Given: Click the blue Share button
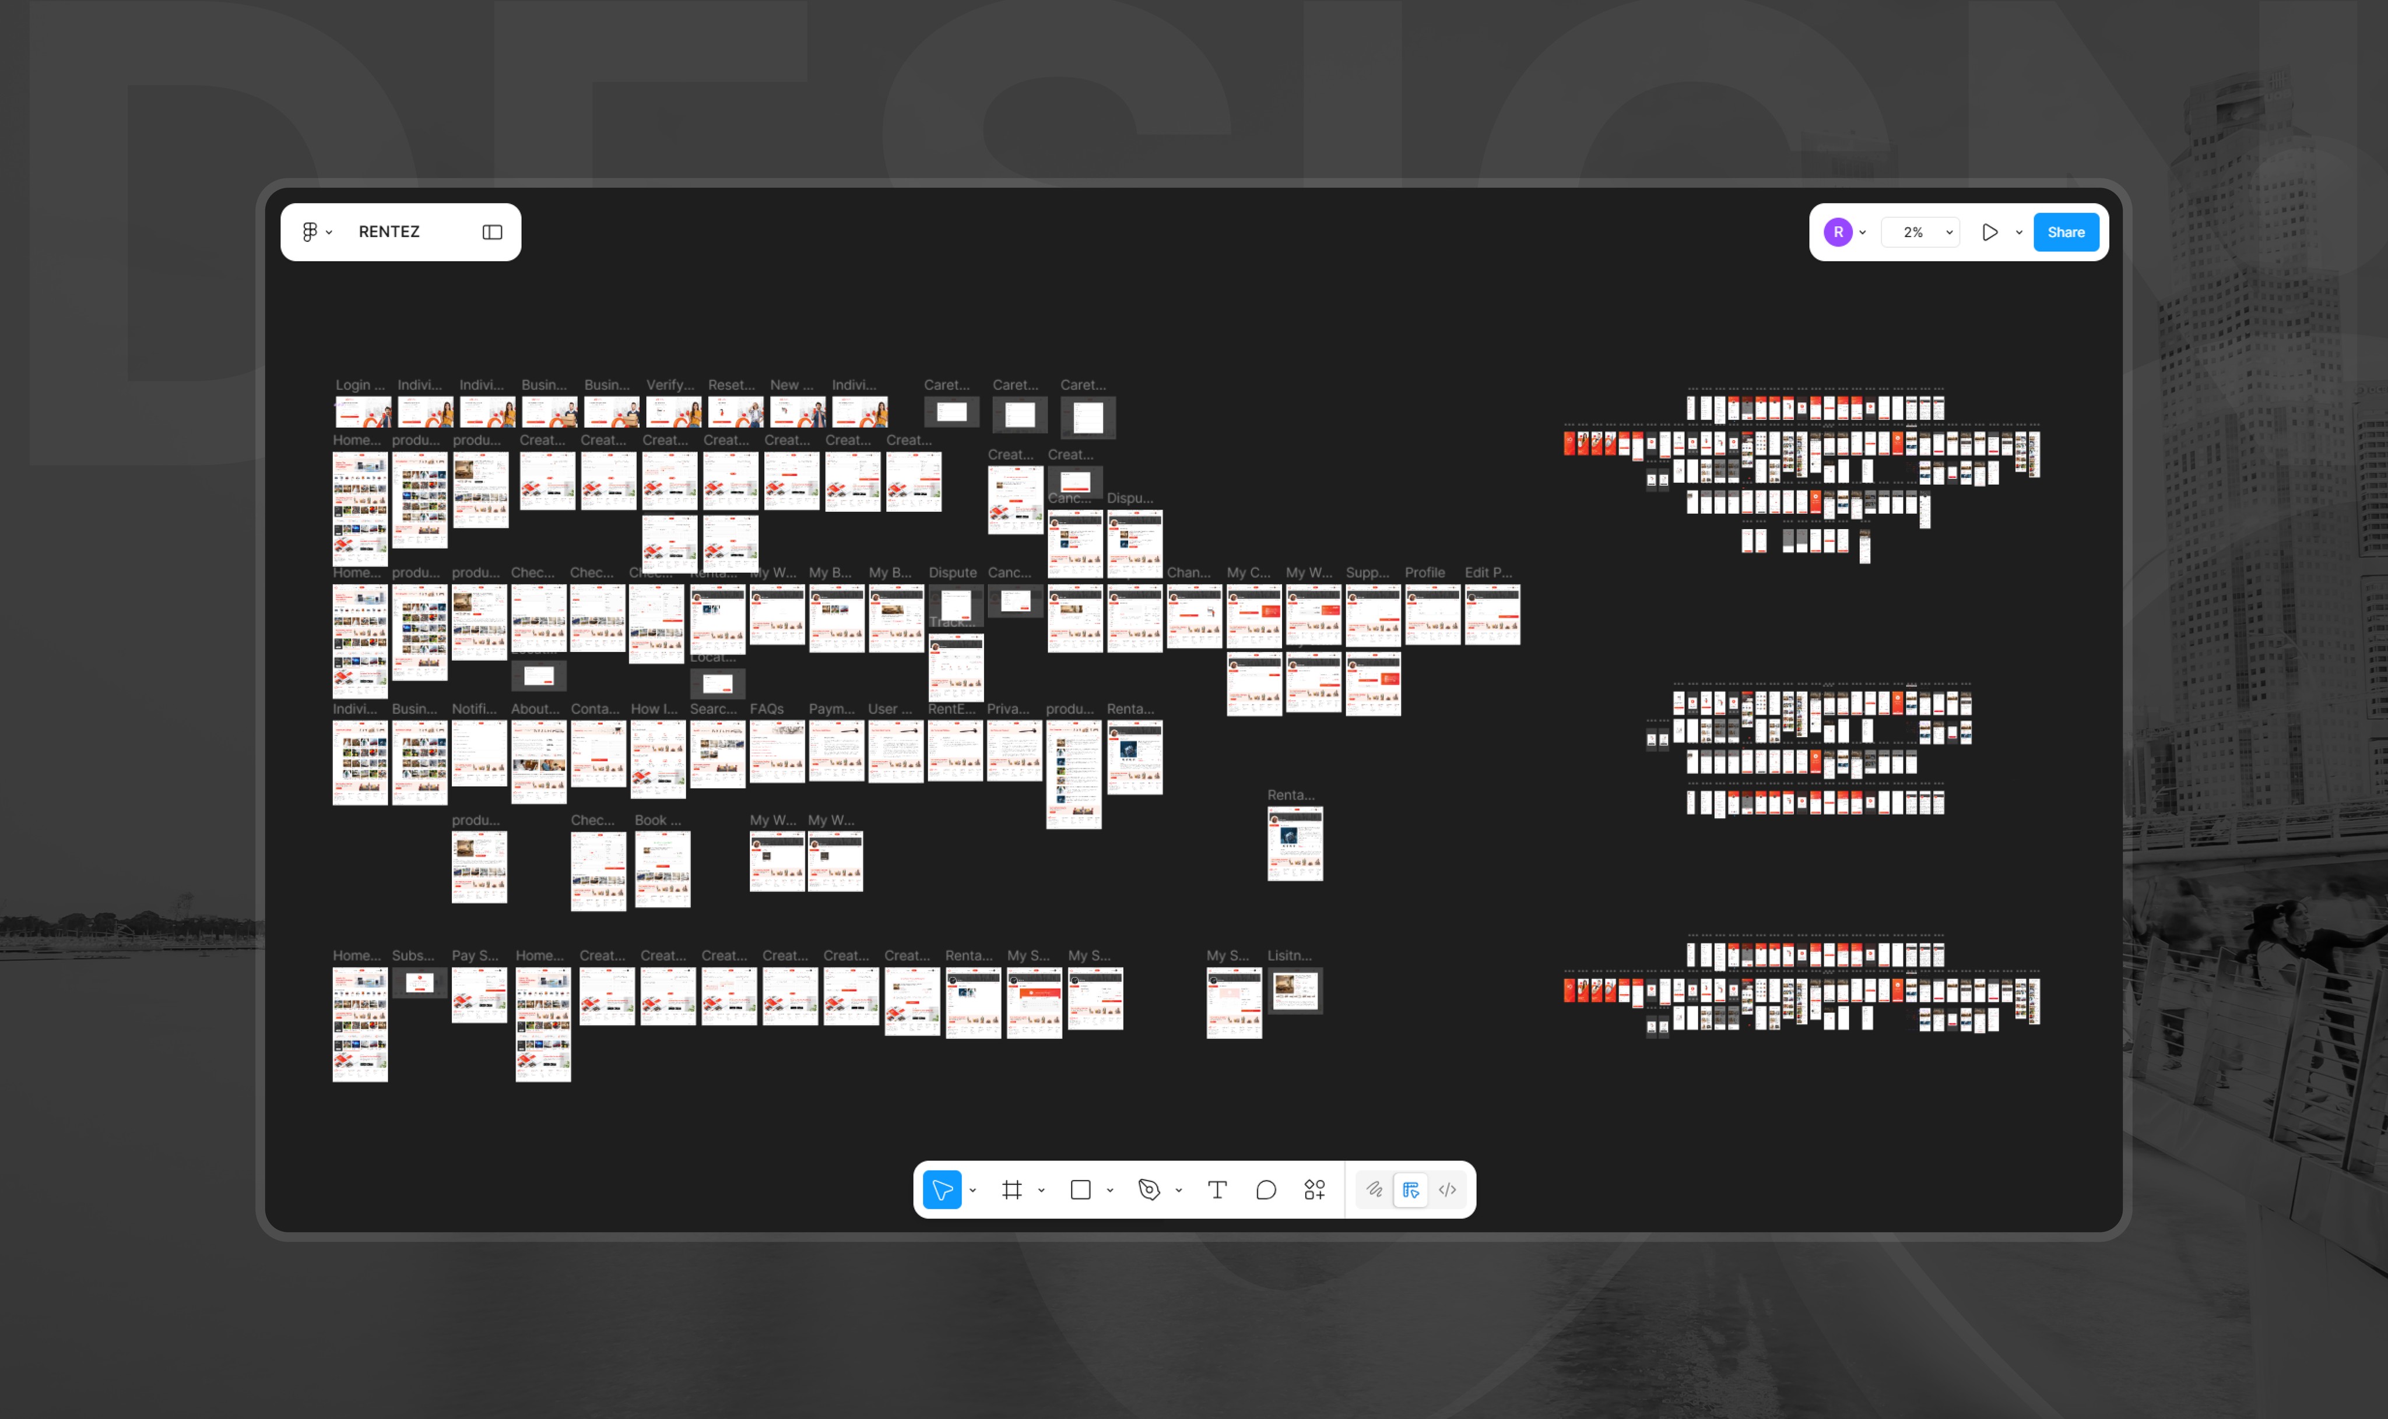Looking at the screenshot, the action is tap(2065, 233).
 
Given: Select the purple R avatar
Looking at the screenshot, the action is tap(1837, 233).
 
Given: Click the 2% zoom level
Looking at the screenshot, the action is tap(1913, 233).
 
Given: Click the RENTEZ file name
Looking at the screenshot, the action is tap(388, 231).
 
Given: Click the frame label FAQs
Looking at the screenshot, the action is tap(766, 709).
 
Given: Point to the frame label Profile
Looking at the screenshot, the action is tap(1424, 572).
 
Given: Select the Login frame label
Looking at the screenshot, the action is tap(360, 385).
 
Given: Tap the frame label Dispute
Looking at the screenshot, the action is tap(953, 572).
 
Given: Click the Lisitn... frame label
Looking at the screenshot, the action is tap(1289, 955).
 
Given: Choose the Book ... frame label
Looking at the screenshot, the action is tap(657, 819).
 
